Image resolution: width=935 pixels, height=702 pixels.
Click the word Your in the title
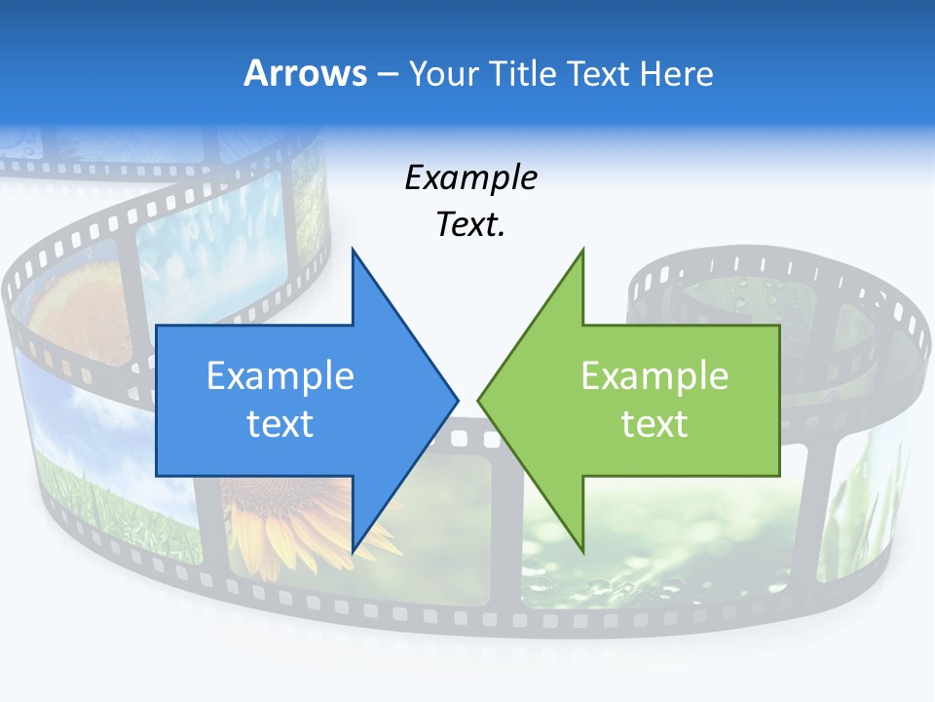pos(444,74)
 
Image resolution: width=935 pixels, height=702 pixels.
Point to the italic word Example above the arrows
pos(470,177)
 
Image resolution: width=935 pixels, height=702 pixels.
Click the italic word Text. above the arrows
pos(470,224)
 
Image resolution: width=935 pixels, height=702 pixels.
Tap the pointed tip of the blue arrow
pos(457,398)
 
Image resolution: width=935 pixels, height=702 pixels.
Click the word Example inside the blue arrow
pos(280,376)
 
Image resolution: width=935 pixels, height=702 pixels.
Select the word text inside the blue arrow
pos(280,423)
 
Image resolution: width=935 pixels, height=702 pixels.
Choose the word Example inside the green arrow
pos(654,376)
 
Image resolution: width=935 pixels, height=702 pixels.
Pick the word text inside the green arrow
pos(654,423)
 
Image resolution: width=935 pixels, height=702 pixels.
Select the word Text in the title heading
pos(598,73)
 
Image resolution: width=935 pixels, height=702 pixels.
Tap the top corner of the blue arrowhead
pos(353,250)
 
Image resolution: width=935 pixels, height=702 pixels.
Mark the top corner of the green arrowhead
pos(582,250)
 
